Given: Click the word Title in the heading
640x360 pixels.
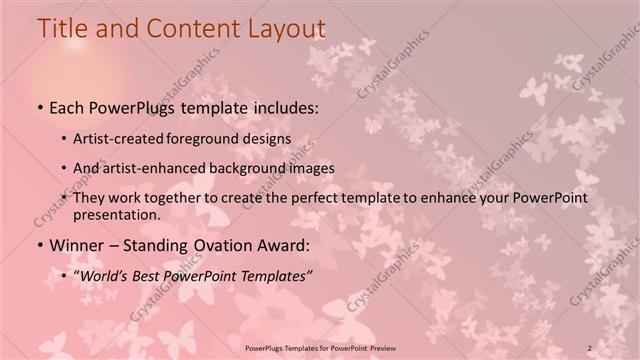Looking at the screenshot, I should point(61,30).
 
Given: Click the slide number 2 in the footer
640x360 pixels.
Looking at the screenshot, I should point(590,346).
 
